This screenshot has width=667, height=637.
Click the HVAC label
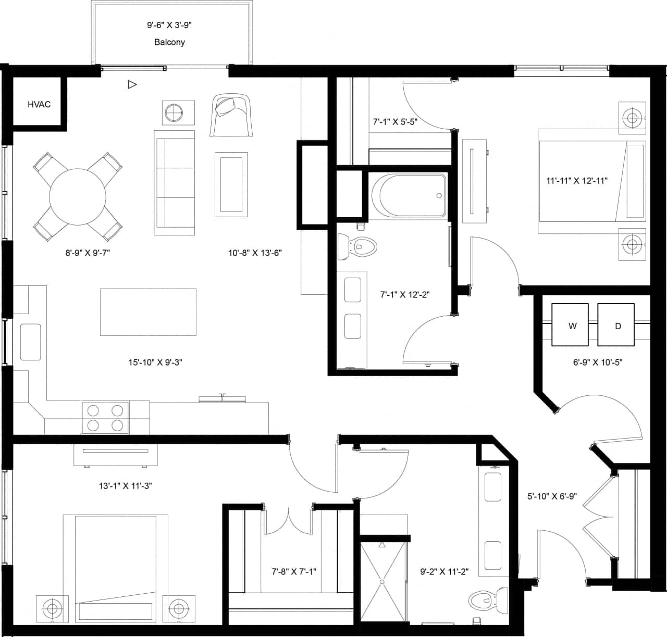click(39, 104)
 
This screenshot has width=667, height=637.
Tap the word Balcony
click(169, 42)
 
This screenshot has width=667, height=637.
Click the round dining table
click(78, 196)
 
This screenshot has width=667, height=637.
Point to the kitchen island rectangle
click(148, 312)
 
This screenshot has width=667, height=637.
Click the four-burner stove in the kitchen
click(105, 417)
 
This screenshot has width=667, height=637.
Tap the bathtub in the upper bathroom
click(408, 196)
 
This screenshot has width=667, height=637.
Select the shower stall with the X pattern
click(382, 581)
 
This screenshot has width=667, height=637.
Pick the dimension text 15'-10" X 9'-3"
click(155, 362)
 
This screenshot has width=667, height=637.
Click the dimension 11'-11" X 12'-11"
click(577, 181)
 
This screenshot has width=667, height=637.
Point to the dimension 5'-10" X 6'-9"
click(552, 496)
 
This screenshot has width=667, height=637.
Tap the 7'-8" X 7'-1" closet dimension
click(294, 571)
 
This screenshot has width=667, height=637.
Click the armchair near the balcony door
click(230, 115)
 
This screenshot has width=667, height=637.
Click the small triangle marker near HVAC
click(132, 84)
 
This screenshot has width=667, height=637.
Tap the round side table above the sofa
click(174, 112)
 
